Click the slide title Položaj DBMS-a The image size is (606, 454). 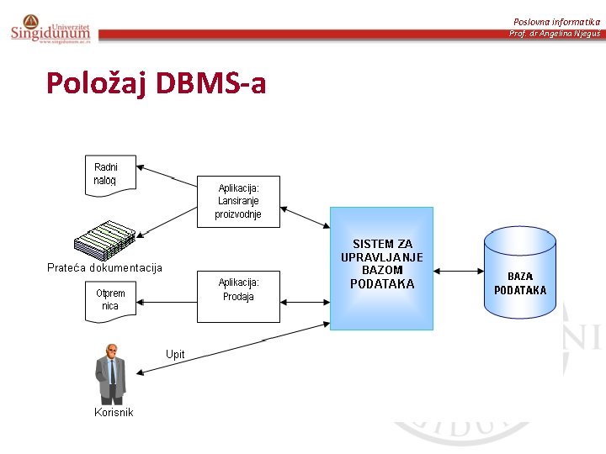click(x=156, y=82)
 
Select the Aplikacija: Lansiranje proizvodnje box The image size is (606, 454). click(x=239, y=201)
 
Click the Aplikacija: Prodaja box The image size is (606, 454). click(x=238, y=296)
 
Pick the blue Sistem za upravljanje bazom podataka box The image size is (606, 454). click(x=381, y=268)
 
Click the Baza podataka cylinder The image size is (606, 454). click(x=519, y=272)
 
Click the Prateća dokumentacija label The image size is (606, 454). click(x=104, y=268)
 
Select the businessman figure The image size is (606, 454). click(x=110, y=373)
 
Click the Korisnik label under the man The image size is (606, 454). click(x=114, y=412)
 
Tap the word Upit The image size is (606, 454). click(x=175, y=355)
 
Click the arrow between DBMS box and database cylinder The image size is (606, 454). click(x=458, y=271)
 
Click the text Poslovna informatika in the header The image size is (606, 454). click(x=557, y=21)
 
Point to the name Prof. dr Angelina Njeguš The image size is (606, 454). click(x=555, y=34)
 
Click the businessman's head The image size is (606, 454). click(x=110, y=351)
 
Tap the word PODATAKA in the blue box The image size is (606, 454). click(x=382, y=284)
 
